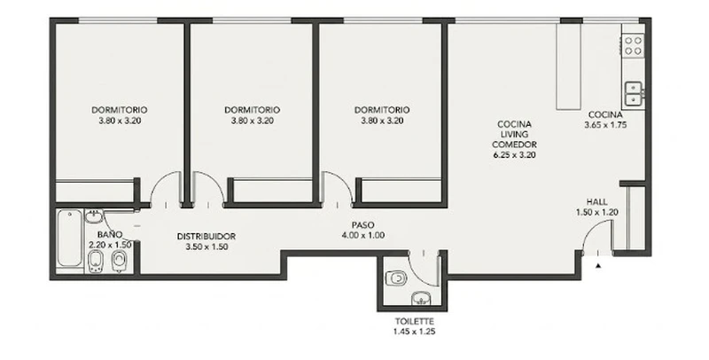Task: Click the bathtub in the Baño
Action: click(70, 238)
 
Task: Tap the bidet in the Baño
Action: click(96, 262)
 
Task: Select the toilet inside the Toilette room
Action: click(396, 278)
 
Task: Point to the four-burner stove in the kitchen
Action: click(633, 46)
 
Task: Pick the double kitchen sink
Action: click(635, 93)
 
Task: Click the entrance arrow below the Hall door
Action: click(598, 266)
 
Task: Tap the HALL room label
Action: click(596, 201)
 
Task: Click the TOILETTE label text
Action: click(415, 322)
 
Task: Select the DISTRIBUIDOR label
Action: click(206, 237)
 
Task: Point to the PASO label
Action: click(363, 224)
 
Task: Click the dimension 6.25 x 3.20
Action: click(515, 154)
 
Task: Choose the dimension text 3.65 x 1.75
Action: click(605, 125)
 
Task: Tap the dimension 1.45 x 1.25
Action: click(415, 332)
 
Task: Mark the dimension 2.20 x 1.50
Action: click(110, 245)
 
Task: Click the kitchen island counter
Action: click(568, 66)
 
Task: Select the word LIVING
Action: click(515, 134)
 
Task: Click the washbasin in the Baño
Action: click(94, 216)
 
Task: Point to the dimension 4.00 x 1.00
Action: click(363, 235)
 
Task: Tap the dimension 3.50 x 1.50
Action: click(206, 247)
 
